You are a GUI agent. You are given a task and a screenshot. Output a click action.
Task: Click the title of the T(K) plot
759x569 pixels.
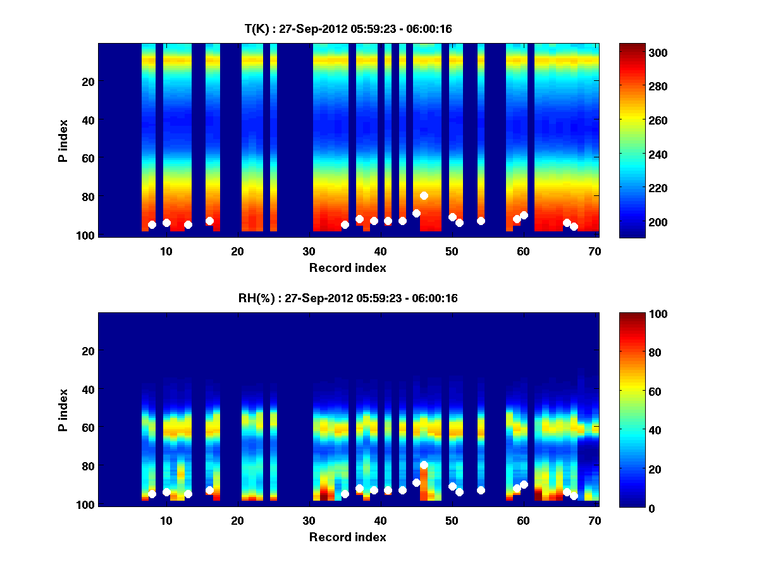pyautogui.click(x=348, y=28)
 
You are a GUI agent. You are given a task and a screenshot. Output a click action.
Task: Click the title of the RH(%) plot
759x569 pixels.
pyautogui.click(x=348, y=298)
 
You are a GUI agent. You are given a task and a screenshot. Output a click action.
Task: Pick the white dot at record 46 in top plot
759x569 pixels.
pyautogui.click(x=424, y=195)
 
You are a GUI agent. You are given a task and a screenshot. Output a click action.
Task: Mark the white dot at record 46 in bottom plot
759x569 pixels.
pyautogui.click(x=424, y=465)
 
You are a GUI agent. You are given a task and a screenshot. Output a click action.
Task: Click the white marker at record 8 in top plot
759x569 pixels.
pyautogui.click(x=152, y=224)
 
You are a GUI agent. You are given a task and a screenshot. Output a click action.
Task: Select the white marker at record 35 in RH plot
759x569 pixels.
pyautogui.click(x=345, y=494)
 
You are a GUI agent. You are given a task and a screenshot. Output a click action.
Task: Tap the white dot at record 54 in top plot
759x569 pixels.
pyautogui.click(x=481, y=221)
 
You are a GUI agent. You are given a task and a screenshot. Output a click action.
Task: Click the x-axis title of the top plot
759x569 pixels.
pyautogui.click(x=348, y=267)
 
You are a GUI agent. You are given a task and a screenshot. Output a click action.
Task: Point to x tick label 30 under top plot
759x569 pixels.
pyautogui.click(x=309, y=251)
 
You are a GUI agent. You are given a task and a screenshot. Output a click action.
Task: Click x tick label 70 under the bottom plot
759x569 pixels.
pyautogui.click(x=595, y=520)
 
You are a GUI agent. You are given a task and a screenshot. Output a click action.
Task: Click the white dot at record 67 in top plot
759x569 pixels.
pyautogui.click(x=574, y=226)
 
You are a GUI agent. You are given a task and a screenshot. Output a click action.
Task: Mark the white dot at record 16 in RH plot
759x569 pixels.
pyautogui.click(x=209, y=490)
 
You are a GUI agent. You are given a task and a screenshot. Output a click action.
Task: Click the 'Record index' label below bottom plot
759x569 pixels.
pyautogui.click(x=348, y=537)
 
